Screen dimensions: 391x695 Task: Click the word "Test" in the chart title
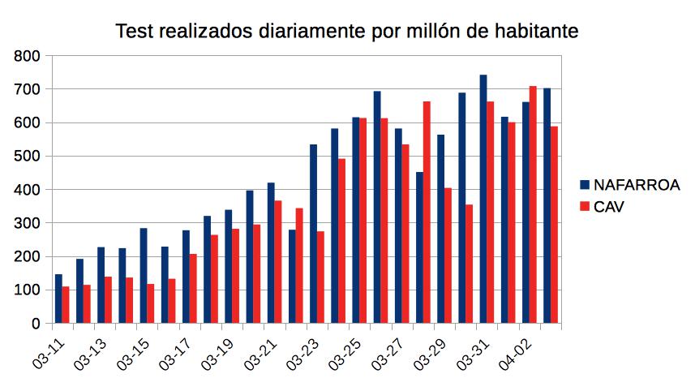pyautogui.click(x=135, y=32)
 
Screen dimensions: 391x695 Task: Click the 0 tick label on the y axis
pyautogui.click(x=35, y=324)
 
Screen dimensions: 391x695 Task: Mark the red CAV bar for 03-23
pyautogui.click(x=320, y=277)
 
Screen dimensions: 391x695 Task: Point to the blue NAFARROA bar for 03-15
pyautogui.click(x=144, y=275)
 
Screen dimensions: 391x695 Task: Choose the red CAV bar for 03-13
pyautogui.click(x=108, y=299)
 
